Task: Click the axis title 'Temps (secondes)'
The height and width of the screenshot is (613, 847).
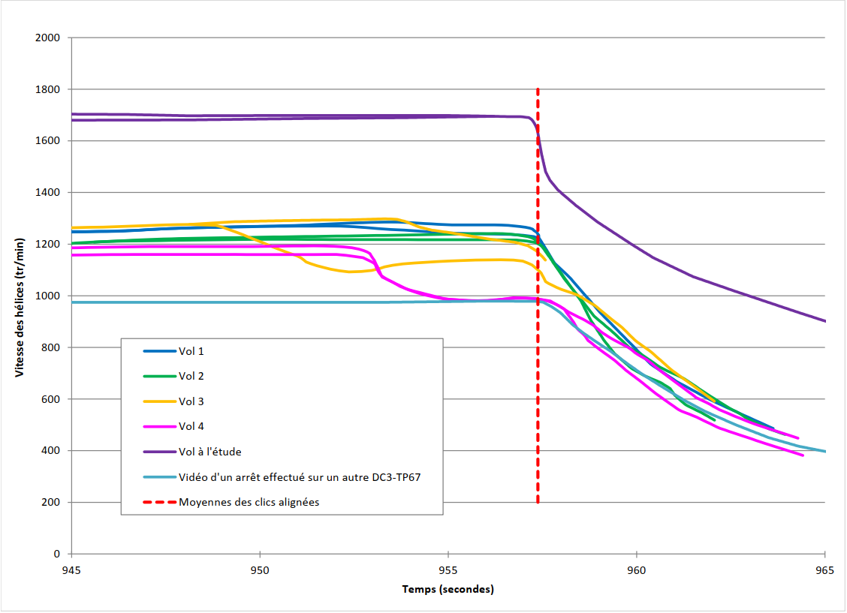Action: pos(448,590)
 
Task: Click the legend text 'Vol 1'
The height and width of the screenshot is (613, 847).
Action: pos(191,351)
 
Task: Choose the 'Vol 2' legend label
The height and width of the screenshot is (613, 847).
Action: pos(191,376)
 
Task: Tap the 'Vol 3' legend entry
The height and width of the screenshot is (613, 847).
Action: pos(191,401)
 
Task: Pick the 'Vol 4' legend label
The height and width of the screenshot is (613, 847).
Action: pos(191,426)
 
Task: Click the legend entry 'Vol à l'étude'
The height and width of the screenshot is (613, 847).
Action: pos(209,452)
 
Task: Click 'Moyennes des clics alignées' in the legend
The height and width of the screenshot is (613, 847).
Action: pos(249,502)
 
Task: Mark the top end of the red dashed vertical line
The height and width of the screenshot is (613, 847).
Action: pos(538,89)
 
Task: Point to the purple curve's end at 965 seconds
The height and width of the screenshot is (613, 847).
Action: pos(824,321)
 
